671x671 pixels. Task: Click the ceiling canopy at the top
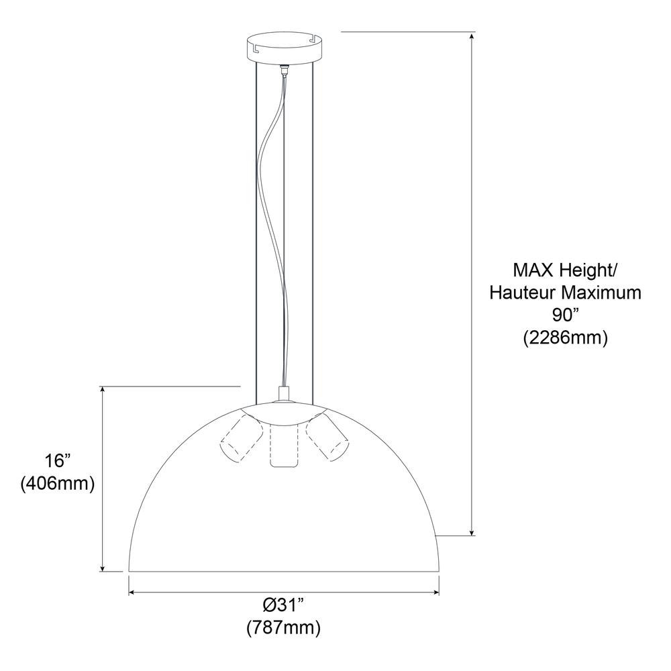coord(284,48)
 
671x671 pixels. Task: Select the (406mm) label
coord(58,484)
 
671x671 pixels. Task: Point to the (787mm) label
coord(284,628)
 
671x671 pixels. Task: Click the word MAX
coord(534,270)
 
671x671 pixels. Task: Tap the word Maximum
coord(601,293)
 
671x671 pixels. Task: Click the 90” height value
coord(565,315)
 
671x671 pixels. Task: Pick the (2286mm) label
coord(565,338)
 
